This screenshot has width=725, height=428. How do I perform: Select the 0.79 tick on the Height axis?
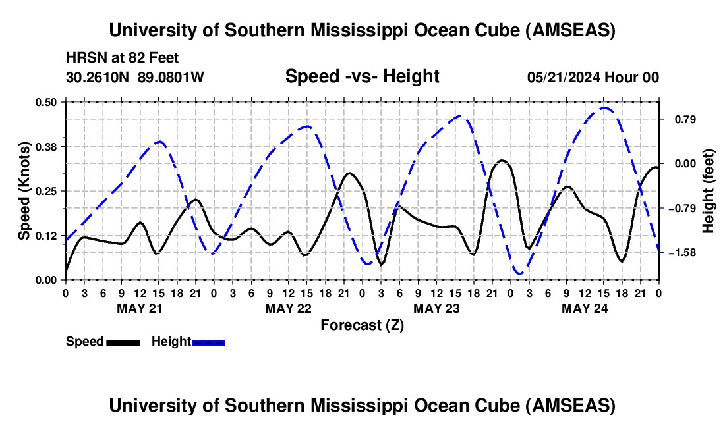[679, 119]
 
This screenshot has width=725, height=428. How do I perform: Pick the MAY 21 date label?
[140, 308]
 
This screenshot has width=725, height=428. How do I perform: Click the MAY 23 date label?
[436, 308]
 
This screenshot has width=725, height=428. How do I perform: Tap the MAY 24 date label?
[585, 308]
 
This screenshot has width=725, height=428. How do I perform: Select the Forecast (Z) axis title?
[362, 325]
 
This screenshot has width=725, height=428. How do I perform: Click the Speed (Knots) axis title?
[24, 191]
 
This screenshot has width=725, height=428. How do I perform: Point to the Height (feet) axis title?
[709, 191]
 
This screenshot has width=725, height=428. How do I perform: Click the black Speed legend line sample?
[123, 342]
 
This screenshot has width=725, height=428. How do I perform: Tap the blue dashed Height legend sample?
[209, 342]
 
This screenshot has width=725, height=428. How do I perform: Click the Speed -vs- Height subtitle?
[362, 76]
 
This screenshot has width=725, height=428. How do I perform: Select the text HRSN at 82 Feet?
[122, 58]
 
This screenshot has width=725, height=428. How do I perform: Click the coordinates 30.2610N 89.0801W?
[135, 77]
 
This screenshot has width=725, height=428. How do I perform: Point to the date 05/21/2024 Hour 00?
[593, 77]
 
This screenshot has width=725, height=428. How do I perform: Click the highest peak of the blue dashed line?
[604, 108]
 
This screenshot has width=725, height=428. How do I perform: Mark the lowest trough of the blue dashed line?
[519, 273]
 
